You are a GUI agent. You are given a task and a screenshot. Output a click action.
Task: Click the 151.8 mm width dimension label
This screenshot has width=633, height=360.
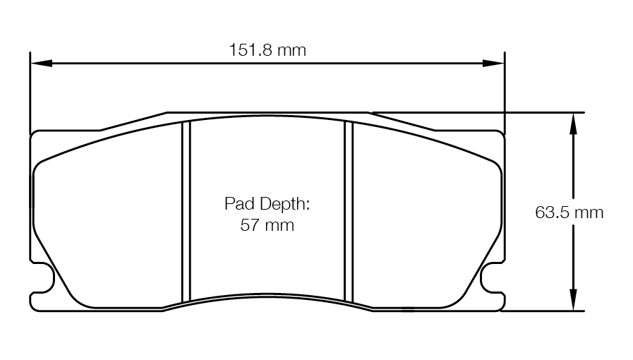click(x=267, y=50)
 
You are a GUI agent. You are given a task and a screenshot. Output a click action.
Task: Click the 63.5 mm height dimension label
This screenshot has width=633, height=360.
click(x=569, y=212)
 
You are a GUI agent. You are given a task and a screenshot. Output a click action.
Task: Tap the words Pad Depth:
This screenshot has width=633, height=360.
click(x=267, y=205)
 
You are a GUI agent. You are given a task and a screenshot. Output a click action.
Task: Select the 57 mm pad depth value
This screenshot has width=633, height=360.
click(x=267, y=226)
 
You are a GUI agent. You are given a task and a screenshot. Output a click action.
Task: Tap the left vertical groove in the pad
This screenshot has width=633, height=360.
click(x=187, y=212)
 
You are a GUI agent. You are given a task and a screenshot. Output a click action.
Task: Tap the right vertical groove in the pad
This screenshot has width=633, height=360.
click(x=348, y=212)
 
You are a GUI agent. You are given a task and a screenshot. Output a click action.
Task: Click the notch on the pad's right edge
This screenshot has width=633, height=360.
click(x=490, y=277)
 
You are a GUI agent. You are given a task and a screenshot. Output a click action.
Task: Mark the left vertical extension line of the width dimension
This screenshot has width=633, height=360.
click(x=30, y=92)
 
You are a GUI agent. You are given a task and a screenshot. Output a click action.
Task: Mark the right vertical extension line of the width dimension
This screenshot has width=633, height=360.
click(x=505, y=92)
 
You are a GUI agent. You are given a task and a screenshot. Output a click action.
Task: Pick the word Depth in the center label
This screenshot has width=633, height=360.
click(x=283, y=205)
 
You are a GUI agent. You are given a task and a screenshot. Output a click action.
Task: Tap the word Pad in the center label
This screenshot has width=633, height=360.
click(x=239, y=205)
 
